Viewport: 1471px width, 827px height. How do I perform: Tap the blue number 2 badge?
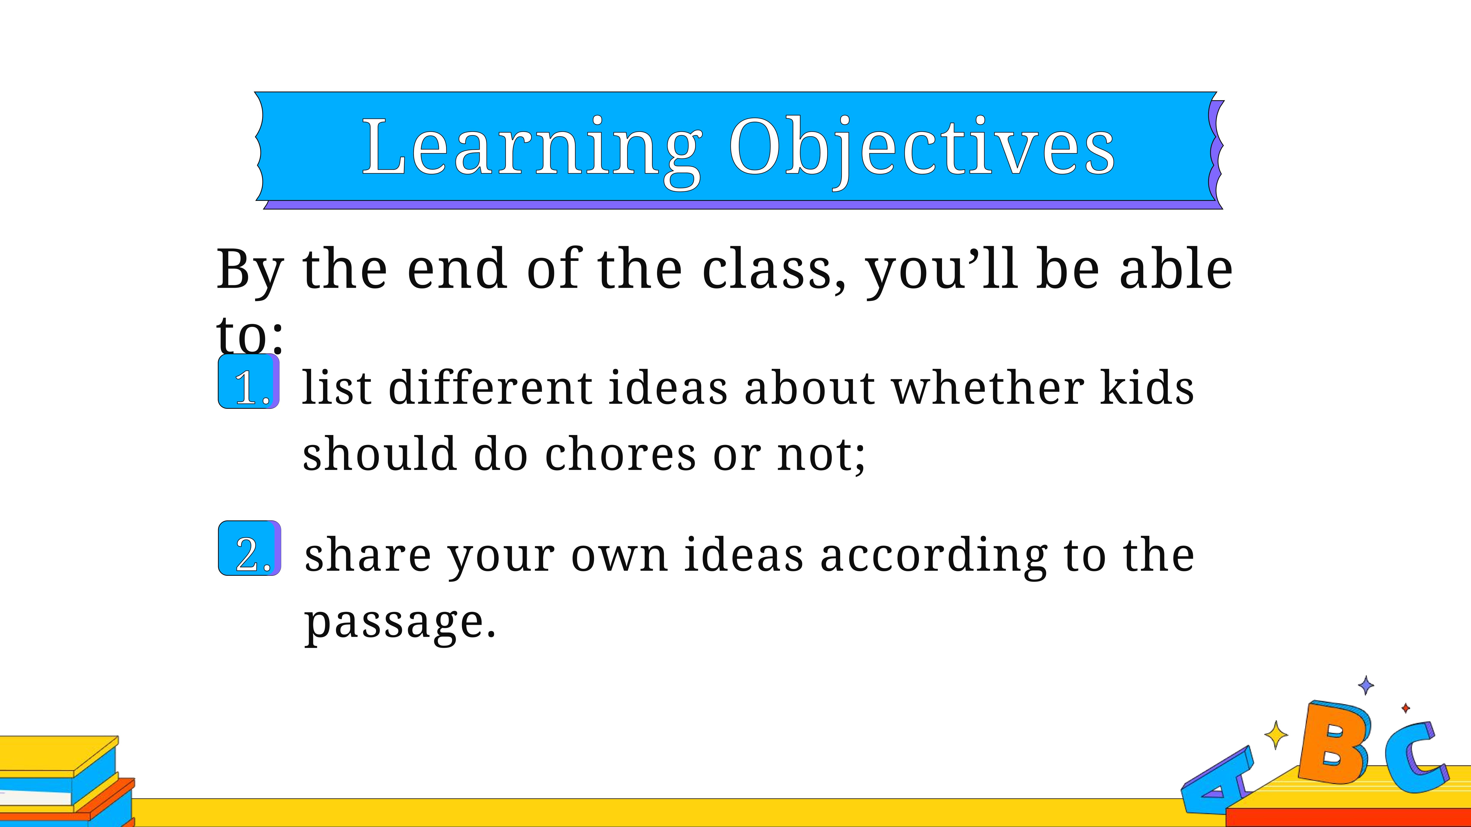click(249, 548)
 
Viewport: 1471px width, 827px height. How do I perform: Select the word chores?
click(621, 454)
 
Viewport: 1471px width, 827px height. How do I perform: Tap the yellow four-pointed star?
click(1276, 734)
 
